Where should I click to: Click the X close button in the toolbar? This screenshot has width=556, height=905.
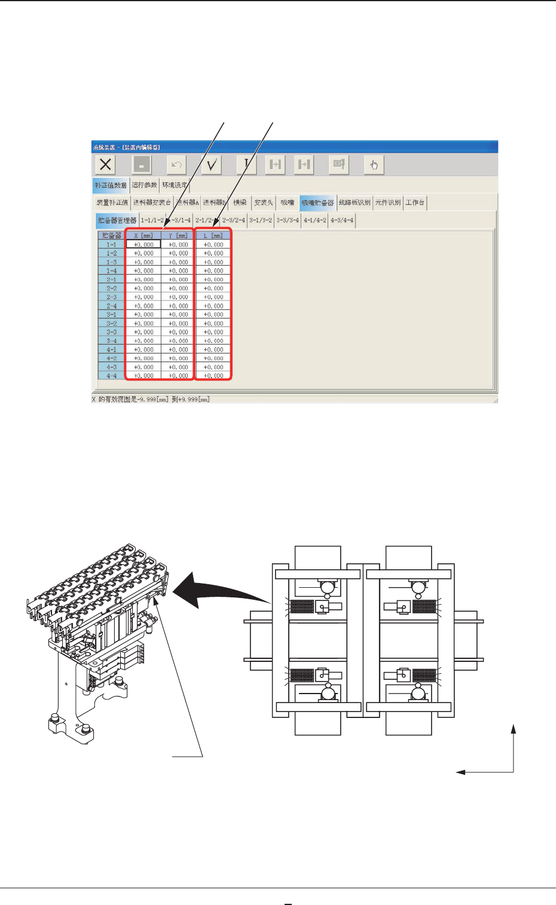pos(106,164)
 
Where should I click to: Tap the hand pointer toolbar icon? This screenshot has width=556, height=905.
pos(374,164)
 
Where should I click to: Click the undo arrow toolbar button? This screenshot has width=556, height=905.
pos(176,164)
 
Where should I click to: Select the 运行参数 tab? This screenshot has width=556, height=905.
pos(144,185)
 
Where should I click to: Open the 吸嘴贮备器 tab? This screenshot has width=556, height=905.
pos(317,203)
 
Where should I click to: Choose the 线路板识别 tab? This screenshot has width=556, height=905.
pos(355,203)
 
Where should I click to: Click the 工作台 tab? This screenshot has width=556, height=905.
pos(415,203)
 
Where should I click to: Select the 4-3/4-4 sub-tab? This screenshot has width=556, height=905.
pos(342,220)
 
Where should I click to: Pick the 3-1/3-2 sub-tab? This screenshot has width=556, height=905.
pos(261,220)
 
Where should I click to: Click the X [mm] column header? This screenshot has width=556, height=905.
pos(143,235)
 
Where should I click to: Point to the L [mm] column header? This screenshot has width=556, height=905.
pos(213,235)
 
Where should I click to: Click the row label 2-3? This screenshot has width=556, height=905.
pos(112,297)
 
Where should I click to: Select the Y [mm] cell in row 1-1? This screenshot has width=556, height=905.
pos(178,244)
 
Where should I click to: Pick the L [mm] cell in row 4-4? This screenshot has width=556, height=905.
pos(213,376)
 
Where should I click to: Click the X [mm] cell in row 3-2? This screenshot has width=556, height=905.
pos(143,323)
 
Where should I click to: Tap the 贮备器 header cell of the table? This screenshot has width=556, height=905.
pos(112,235)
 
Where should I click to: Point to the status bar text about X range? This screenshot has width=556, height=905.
pos(151,399)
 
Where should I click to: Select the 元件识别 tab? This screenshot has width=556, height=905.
pos(388,203)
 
